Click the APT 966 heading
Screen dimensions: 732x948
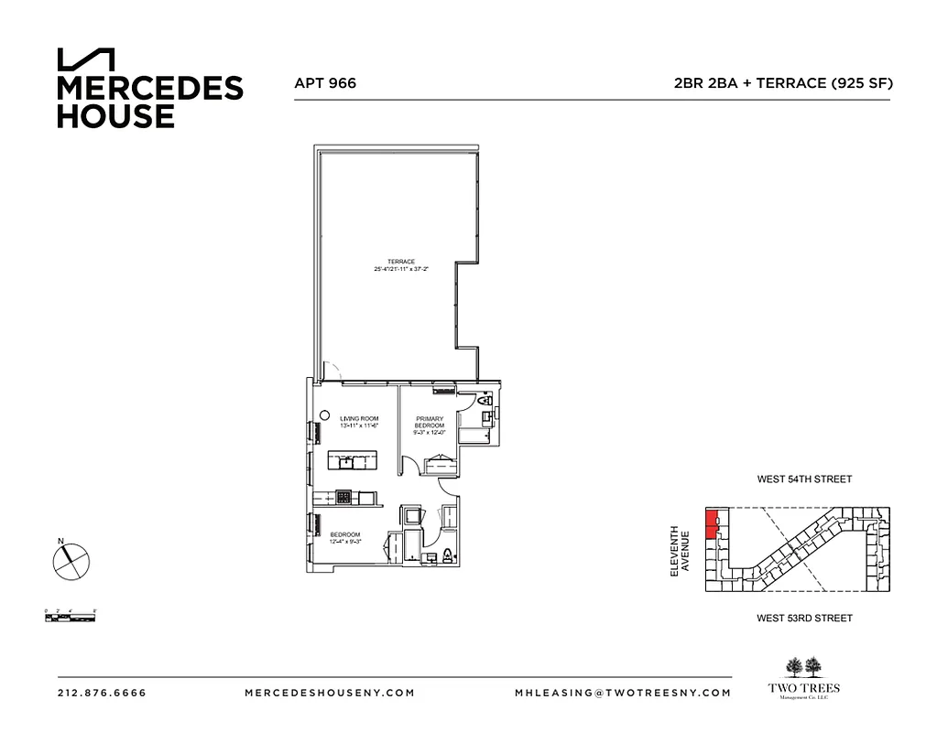tap(324, 83)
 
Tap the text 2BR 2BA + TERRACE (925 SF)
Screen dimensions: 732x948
tap(782, 83)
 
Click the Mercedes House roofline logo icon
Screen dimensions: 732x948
tap(86, 59)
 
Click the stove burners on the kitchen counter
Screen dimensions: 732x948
tap(343, 497)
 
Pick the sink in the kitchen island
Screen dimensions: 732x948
tap(351, 460)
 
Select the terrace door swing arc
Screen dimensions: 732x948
tap(333, 371)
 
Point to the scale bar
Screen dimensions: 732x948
tap(71, 614)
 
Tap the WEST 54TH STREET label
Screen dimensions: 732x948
tap(804, 479)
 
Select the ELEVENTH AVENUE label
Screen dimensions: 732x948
tap(679, 550)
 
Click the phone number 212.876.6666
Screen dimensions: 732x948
tap(102, 693)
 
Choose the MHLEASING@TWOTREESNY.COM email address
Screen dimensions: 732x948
tap(623, 693)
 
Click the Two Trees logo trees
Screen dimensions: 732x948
tap(804, 666)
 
